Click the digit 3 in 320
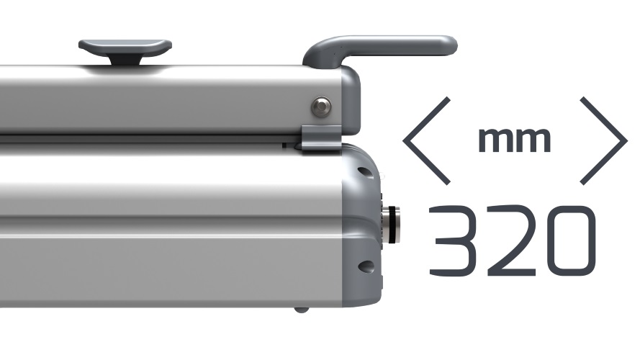coord(453,240)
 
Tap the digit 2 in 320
coord(511,240)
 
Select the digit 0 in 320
coord(571,240)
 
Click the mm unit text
coord(515,140)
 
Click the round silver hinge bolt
coord(322,107)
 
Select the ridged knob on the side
coord(391,225)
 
